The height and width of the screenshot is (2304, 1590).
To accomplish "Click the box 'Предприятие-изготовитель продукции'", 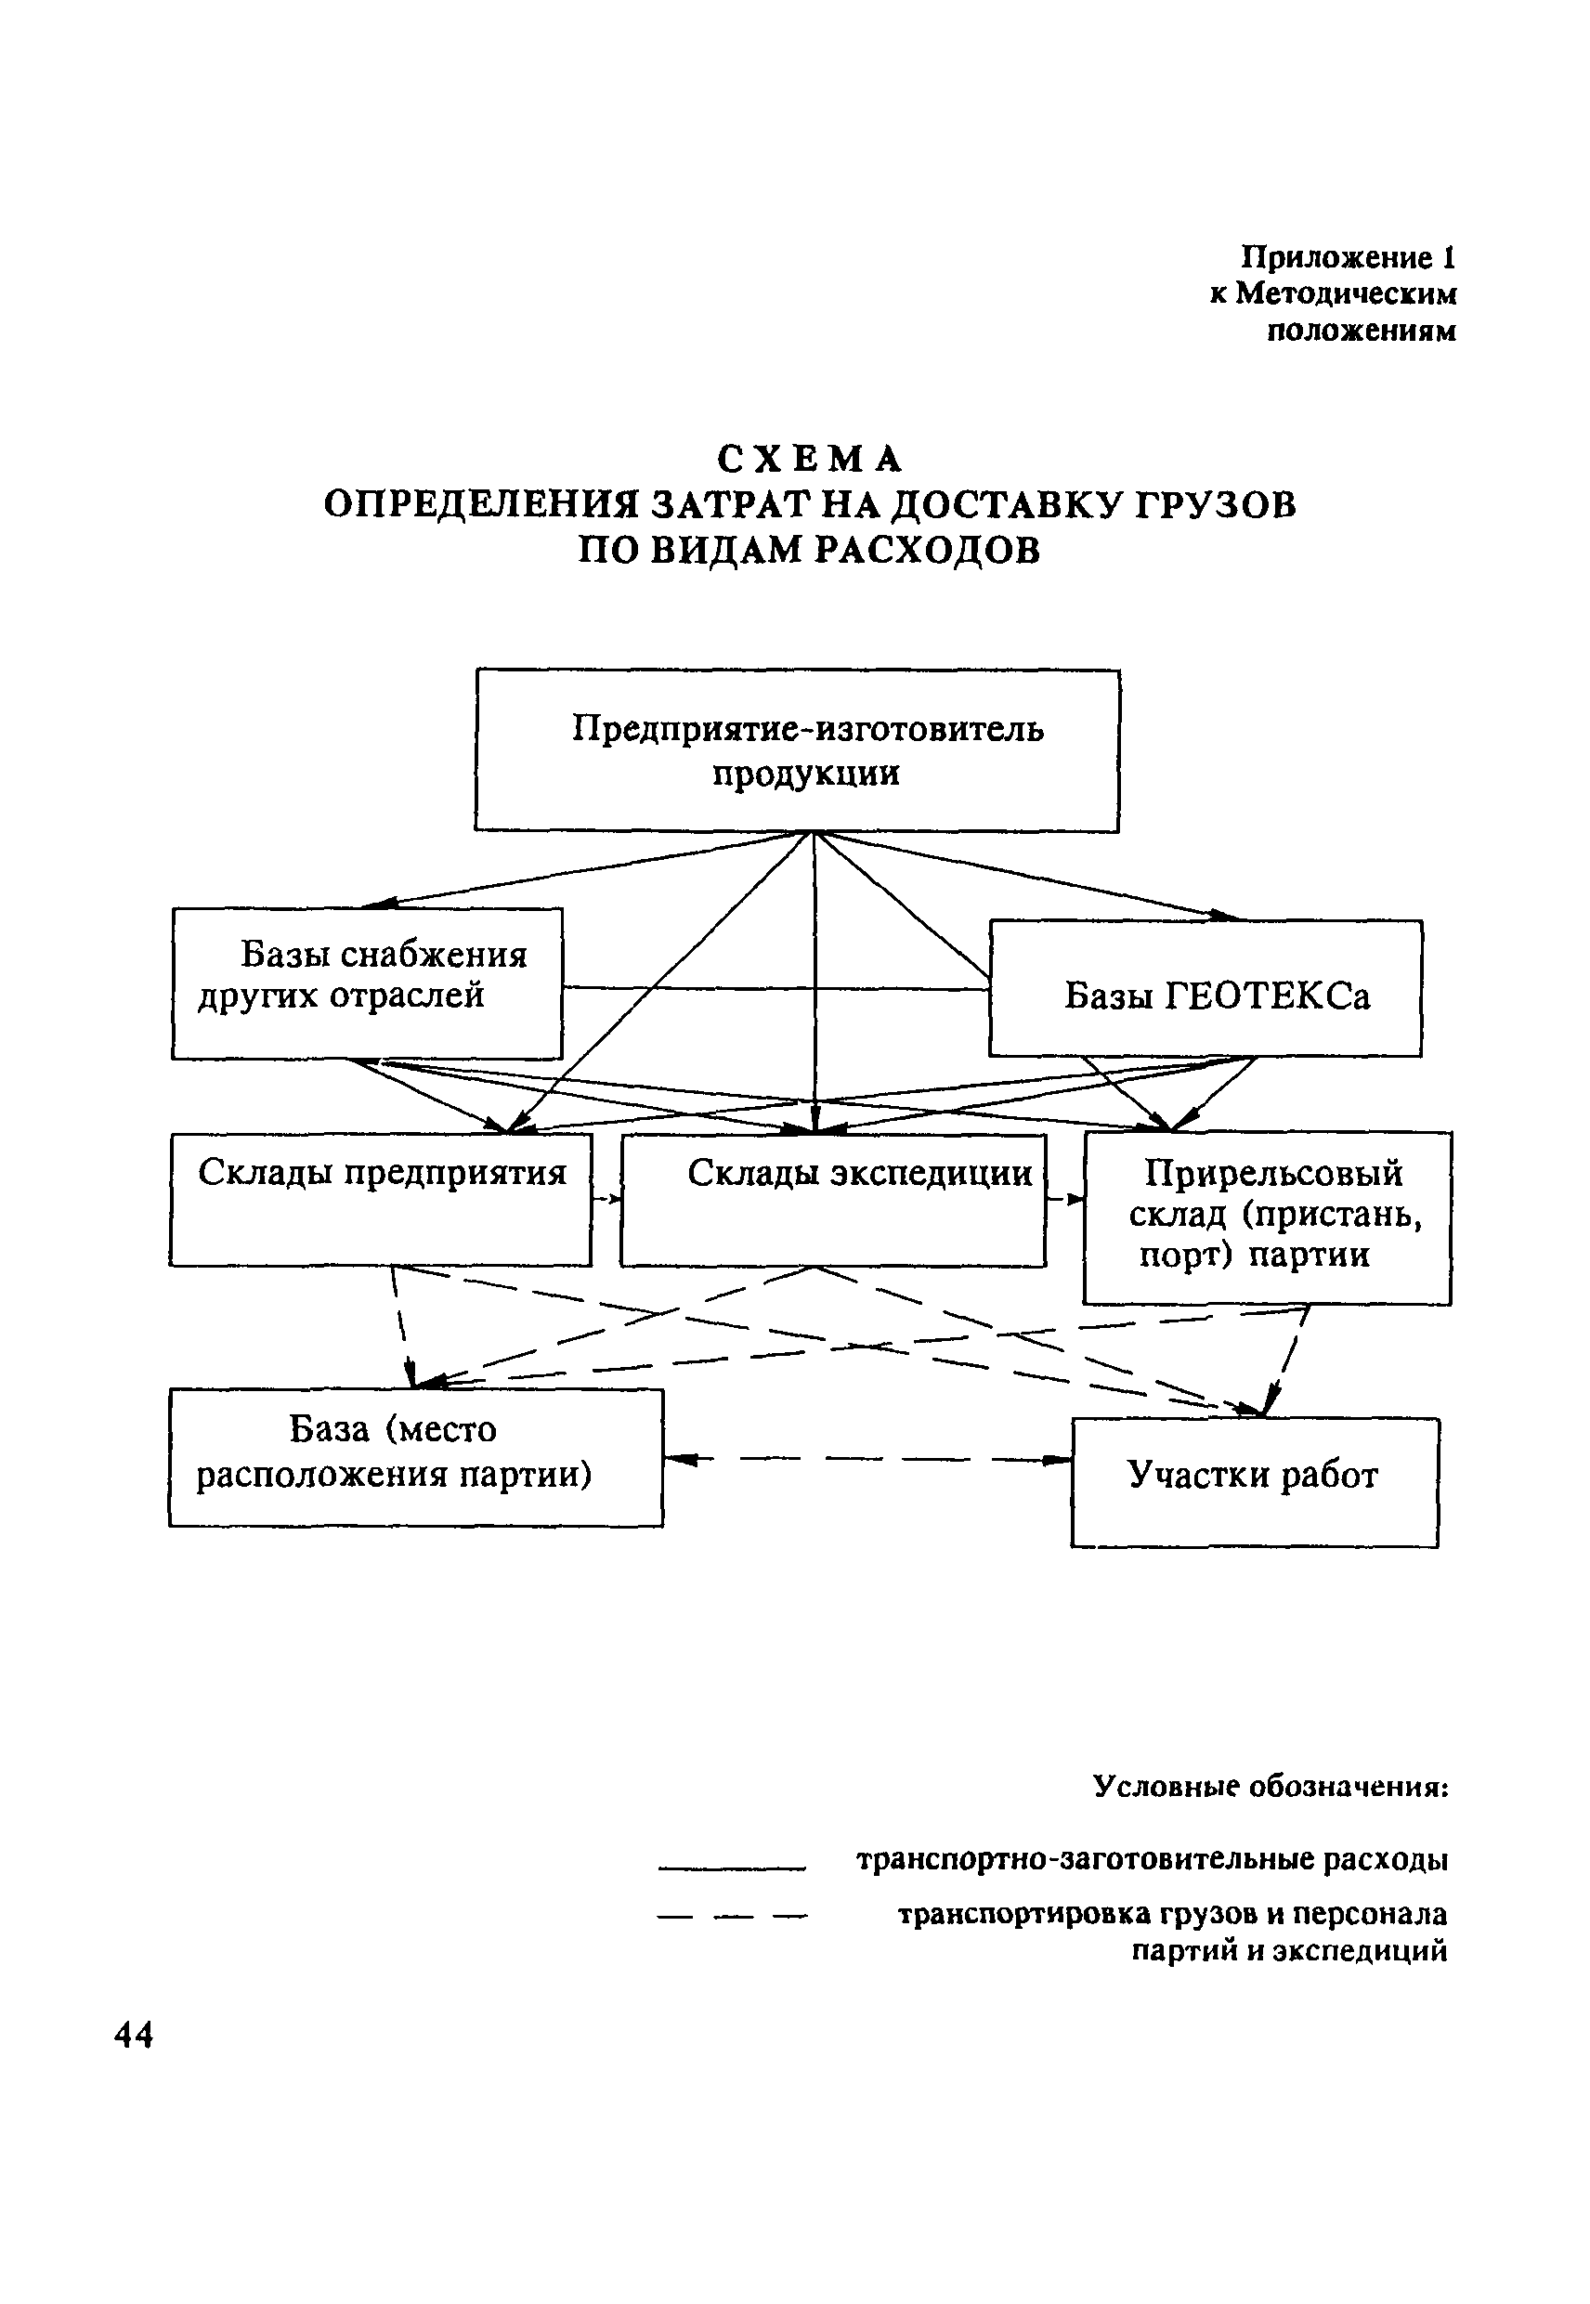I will tap(797, 750).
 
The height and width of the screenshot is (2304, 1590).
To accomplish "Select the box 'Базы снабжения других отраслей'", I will tap(367, 983).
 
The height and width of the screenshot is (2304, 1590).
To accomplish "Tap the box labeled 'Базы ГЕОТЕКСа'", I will tap(1206, 988).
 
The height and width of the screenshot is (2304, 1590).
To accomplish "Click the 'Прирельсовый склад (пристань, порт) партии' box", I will tap(1267, 1217).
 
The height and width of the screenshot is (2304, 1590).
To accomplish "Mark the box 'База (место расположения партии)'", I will tap(415, 1456).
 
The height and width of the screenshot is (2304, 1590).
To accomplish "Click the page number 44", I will tap(135, 2035).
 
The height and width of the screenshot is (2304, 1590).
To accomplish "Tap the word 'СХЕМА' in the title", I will tap(810, 459).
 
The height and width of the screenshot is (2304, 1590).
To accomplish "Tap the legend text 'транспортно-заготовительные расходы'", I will tap(1152, 1860).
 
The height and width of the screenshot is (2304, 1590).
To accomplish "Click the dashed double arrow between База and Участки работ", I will tap(867, 1460).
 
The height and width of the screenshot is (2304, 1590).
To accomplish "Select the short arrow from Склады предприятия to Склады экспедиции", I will tap(606, 1198).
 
